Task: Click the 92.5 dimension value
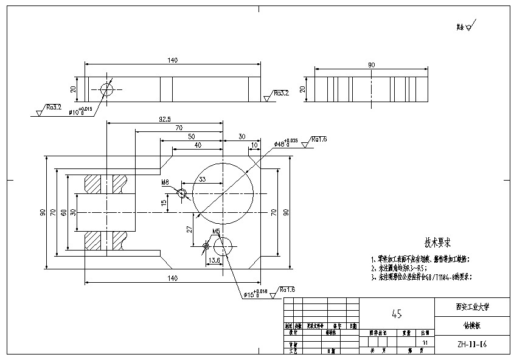click(164, 119)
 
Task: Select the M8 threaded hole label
click(165, 182)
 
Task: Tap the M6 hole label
click(215, 232)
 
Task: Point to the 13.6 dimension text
click(214, 260)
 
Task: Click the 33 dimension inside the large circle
click(202, 179)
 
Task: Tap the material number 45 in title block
click(397, 314)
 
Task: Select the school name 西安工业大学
click(473, 307)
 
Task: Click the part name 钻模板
click(473, 325)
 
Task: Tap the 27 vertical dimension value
click(189, 229)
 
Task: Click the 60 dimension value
click(63, 212)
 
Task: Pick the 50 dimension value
click(191, 136)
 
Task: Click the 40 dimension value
click(197, 145)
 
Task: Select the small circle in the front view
click(107, 89)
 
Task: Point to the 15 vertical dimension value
click(163, 202)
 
